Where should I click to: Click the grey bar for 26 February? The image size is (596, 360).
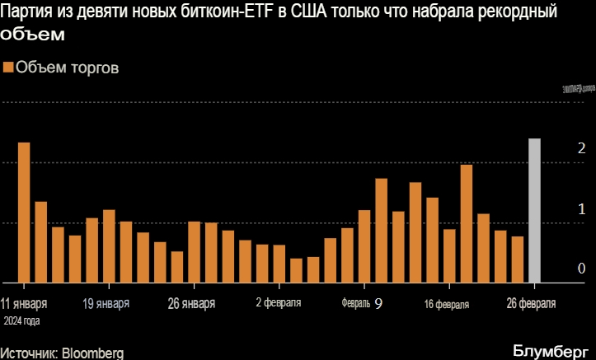point(533,210)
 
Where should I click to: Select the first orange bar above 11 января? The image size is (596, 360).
point(24,213)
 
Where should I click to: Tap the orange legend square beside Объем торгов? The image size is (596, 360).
point(8,68)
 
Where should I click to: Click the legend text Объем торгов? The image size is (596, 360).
point(68,68)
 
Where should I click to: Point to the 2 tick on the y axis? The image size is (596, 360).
point(582,149)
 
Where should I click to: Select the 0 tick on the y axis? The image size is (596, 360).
point(582,269)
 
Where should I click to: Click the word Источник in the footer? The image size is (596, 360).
point(29,353)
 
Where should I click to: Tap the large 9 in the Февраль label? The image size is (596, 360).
point(378,303)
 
